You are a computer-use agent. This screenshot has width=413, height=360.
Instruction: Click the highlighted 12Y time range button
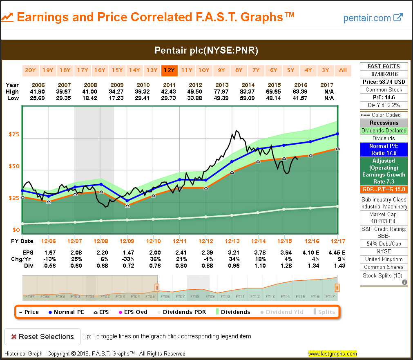click(x=169, y=70)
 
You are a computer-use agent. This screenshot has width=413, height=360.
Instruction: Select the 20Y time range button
click(x=30, y=70)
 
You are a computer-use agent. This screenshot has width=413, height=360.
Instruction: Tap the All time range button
click(x=343, y=70)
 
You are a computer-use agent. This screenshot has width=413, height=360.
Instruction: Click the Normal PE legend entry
click(x=66, y=312)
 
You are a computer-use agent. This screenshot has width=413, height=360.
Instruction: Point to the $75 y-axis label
click(x=14, y=134)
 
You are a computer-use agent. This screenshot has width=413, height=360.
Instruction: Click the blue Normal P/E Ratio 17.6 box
click(x=384, y=150)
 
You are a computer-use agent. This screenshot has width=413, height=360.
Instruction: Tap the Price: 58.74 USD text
click(x=384, y=82)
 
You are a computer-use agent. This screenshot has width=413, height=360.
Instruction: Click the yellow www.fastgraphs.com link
click(x=332, y=353)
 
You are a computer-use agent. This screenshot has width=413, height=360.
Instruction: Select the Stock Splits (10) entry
click(x=384, y=275)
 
